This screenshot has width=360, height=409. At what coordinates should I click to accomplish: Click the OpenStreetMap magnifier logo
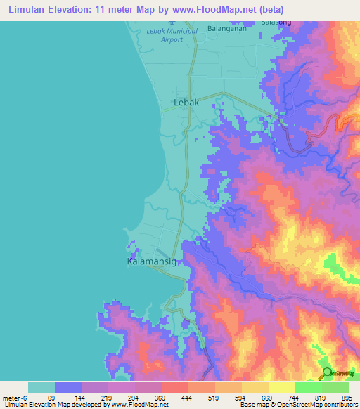[327, 372]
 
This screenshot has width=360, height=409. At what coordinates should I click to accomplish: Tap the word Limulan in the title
[28, 9]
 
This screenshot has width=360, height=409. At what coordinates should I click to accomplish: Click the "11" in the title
[116, 9]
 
